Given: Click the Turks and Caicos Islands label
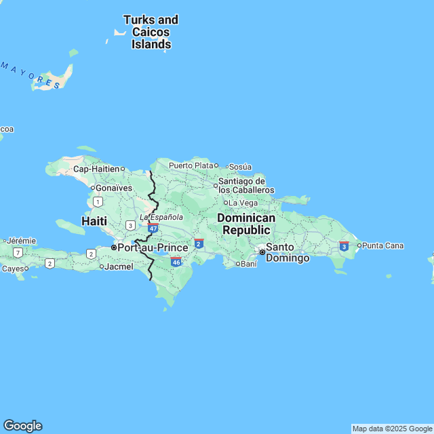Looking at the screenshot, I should tap(151, 33).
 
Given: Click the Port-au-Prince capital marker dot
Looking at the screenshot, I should tap(114, 248).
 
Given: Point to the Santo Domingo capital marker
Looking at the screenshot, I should tap(262, 252).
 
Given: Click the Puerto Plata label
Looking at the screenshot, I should tap(191, 165).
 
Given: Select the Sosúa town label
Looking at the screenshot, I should tap(240, 167).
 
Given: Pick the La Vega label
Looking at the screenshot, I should tap(242, 203).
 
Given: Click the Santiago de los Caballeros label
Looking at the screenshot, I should tap(245, 186).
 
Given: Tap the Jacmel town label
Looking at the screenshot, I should tap(119, 267).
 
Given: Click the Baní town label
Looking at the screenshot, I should tap(248, 264).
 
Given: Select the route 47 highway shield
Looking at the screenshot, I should tap(154, 229).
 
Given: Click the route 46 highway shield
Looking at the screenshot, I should tap(176, 262).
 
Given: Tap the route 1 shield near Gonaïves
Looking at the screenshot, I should tap(98, 201).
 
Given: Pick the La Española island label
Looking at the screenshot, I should tap(161, 217).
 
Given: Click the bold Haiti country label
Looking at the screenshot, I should tap(94, 221).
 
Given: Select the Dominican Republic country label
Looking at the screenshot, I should tap(246, 224).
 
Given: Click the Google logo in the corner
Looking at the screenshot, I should tap(22, 425).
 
